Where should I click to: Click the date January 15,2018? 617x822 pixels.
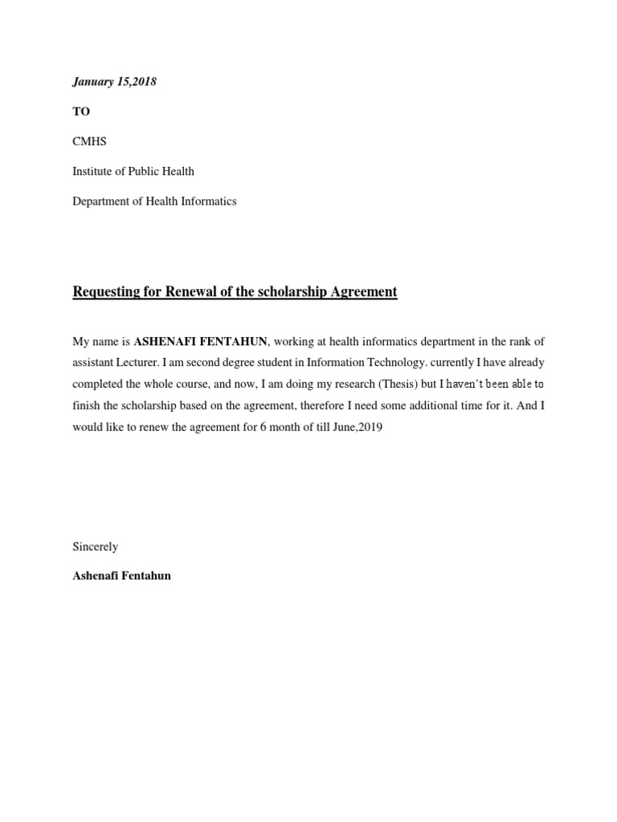pyautogui.click(x=114, y=82)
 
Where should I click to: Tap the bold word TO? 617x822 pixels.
pyautogui.click(x=81, y=112)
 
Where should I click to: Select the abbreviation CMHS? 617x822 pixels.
pyautogui.click(x=89, y=141)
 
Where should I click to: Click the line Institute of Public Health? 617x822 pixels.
pyautogui.click(x=133, y=171)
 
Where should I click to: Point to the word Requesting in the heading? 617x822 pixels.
pyautogui.click(x=104, y=292)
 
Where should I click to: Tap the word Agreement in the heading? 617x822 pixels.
pyautogui.click(x=365, y=292)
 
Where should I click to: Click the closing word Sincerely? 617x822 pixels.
pyautogui.click(x=95, y=547)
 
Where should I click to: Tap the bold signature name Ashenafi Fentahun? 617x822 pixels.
pyautogui.click(x=121, y=576)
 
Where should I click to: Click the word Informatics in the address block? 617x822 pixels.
pyautogui.click(x=207, y=201)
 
